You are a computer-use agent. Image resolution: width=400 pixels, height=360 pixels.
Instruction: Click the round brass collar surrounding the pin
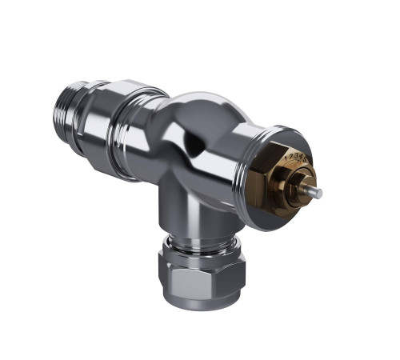click(x=307, y=186)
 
